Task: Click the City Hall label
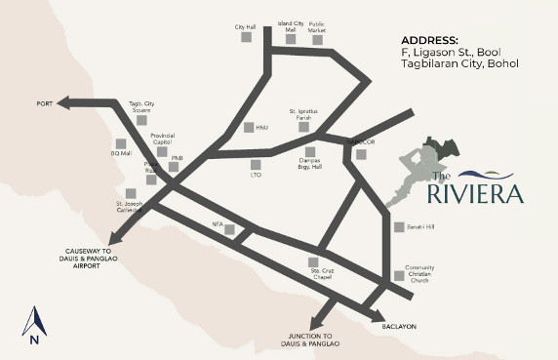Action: pos(244,25)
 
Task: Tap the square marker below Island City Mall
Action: pos(292,39)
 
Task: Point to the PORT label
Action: pos(44,102)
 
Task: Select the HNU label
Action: pos(261,128)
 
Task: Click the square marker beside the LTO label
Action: pos(256,164)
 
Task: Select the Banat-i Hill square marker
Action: pos(398,227)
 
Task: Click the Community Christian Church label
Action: pos(419,275)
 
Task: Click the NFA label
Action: pos(218,223)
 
